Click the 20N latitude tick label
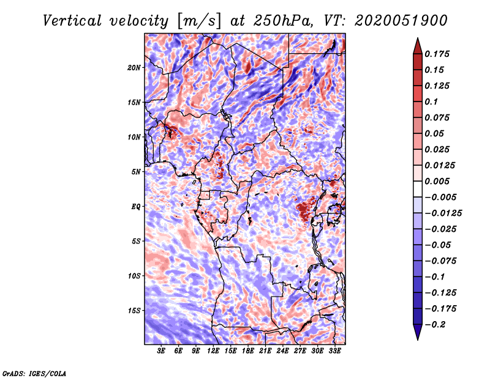tap(134, 67)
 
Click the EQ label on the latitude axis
tap(135, 207)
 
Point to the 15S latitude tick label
tap(134, 311)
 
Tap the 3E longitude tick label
tap(161, 351)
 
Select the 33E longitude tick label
tap(334, 351)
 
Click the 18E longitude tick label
tap(248, 351)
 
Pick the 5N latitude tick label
tap(135, 172)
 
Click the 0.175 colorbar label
tap(437, 54)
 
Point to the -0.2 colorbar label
tap(435, 325)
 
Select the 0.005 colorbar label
tap(437, 181)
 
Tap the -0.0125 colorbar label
tap(443, 213)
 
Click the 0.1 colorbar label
tap(431, 102)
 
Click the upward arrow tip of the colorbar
tap(418, 38)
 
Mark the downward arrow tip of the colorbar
tap(418, 339)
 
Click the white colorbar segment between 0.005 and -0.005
tap(418, 189)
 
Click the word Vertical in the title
tap(72, 21)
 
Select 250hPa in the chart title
tap(283, 21)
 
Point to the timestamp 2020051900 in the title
tap(401, 21)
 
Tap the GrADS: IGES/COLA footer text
tap(34, 373)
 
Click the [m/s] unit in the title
tap(199, 21)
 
